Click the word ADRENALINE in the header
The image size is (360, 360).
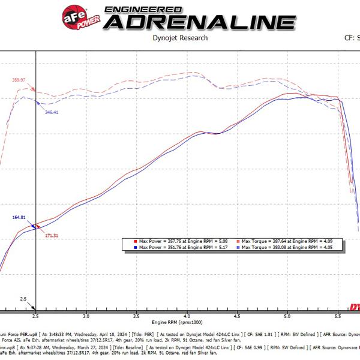coord(199,22)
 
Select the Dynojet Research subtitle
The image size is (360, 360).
coord(180,38)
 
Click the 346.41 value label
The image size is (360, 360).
coord(52,112)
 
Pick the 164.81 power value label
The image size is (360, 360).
coord(19,217)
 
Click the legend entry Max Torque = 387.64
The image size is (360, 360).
coord(291,241)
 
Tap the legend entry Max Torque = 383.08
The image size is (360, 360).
coord(291,247)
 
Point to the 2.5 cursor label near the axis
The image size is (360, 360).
coord(23,298)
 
